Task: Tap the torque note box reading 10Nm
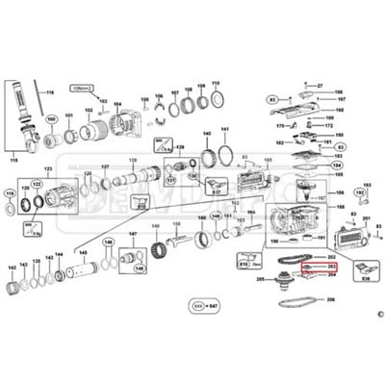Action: pyautogui.click(x=82, y=87)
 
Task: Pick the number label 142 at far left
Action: pyautogui.click(x=13, y=269)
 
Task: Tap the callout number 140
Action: pyautogui.click(x=206, y=135)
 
